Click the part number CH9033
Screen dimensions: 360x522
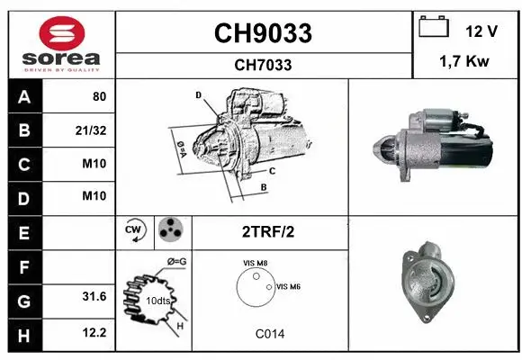[x=262, y=33]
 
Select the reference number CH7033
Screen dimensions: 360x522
[x=262, y=65]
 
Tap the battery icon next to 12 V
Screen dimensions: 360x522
[x=435, y=30]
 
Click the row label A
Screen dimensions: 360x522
[x=23, y=97]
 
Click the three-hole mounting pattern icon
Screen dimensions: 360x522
[x=168, y=230]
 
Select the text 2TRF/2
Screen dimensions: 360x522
[x=267, y=231]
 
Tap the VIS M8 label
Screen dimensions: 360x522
[x=256, y=263]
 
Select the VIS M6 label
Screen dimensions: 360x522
[x=288, y=286]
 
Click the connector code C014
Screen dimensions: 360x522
[x=268, y=334]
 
